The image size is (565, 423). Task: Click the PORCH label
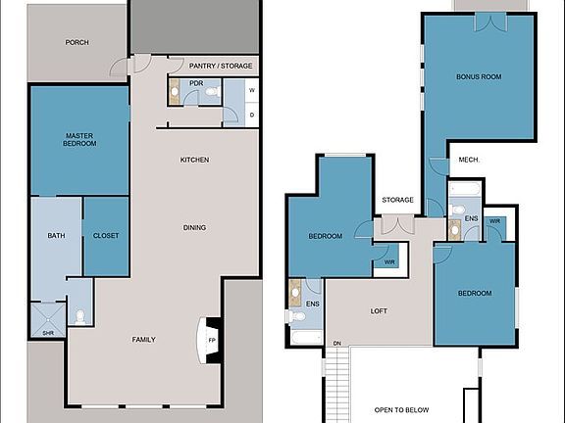coord(77,42)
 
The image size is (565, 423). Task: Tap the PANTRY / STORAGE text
coord(222,66)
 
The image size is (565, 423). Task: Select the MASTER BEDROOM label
coord(79,140)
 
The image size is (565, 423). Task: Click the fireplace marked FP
coord(211,342)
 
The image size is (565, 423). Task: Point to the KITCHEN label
coord(194,160)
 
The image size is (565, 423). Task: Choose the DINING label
coord(194,228)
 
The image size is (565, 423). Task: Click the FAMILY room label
coord(144,340)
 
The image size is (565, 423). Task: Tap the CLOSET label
coord(106,236)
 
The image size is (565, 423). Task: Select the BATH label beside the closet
coord(56,236)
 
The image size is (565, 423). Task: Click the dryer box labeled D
coord(252,115)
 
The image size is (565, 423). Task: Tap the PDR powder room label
coord(196,83)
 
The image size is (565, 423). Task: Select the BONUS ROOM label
coord(479,76)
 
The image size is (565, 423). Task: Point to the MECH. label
coord(468,160)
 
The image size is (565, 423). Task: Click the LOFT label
coord(379,311)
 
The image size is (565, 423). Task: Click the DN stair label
coord(336,344)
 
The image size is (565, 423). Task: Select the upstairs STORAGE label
coord(397,200)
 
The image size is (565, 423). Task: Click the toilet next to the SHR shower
coord(80,316)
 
